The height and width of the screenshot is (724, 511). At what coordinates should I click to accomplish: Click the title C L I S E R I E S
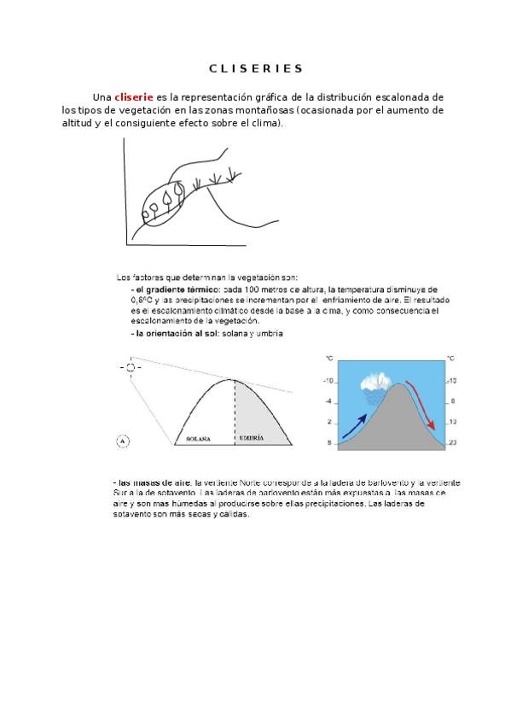pyautogui.click(x=256, y=68)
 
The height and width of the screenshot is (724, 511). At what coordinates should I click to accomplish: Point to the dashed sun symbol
pyautogui.click(x=130, y=368)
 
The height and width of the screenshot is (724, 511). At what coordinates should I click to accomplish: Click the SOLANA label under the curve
pyautogui.click(x=199, y=437)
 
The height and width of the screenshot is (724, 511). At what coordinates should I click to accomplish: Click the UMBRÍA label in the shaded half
pyautogui.click(x=251, y=437)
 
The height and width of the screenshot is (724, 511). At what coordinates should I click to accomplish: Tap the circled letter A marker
pyautogui.click(x=123, y=441)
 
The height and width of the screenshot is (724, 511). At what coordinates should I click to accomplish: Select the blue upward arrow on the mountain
pyautogui.click(x=357, y=424)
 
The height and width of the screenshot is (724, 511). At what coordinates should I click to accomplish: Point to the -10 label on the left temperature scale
pyautogui.click(x=327, y=381)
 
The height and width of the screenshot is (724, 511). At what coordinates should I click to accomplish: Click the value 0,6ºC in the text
pyautogui.click(x=141, y=301)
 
